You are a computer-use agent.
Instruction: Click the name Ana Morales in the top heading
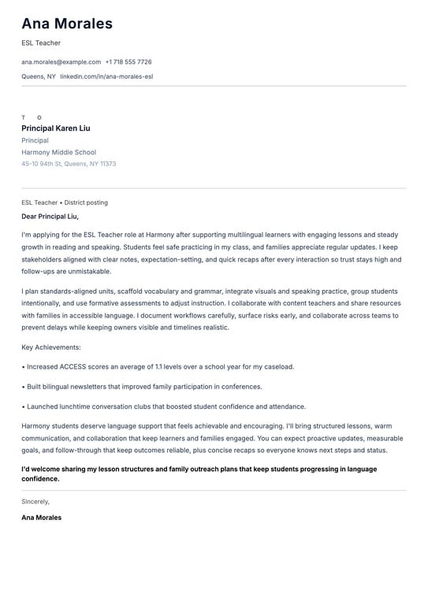click(x=67, y=24)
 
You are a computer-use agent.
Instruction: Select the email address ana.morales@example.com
click(x=61, y=61)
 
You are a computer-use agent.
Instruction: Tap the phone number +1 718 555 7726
click(x=128, y=61)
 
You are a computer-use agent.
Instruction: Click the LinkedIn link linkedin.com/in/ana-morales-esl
click(x=106, y=76)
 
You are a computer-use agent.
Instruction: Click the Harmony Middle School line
click(x=58, y=152)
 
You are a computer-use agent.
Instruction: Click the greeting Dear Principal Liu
click(x=50, y=216)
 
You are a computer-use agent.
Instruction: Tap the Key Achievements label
click(x=51, y=347)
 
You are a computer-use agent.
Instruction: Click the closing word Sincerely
click(x=35, y=501)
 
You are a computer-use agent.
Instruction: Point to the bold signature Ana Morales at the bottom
click(x=41, y=518)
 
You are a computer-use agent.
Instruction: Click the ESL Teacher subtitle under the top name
click(x=41, y=43)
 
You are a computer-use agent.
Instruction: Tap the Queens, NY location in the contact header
click(x=39, y=76)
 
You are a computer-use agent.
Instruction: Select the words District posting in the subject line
click(x=86, y=202)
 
